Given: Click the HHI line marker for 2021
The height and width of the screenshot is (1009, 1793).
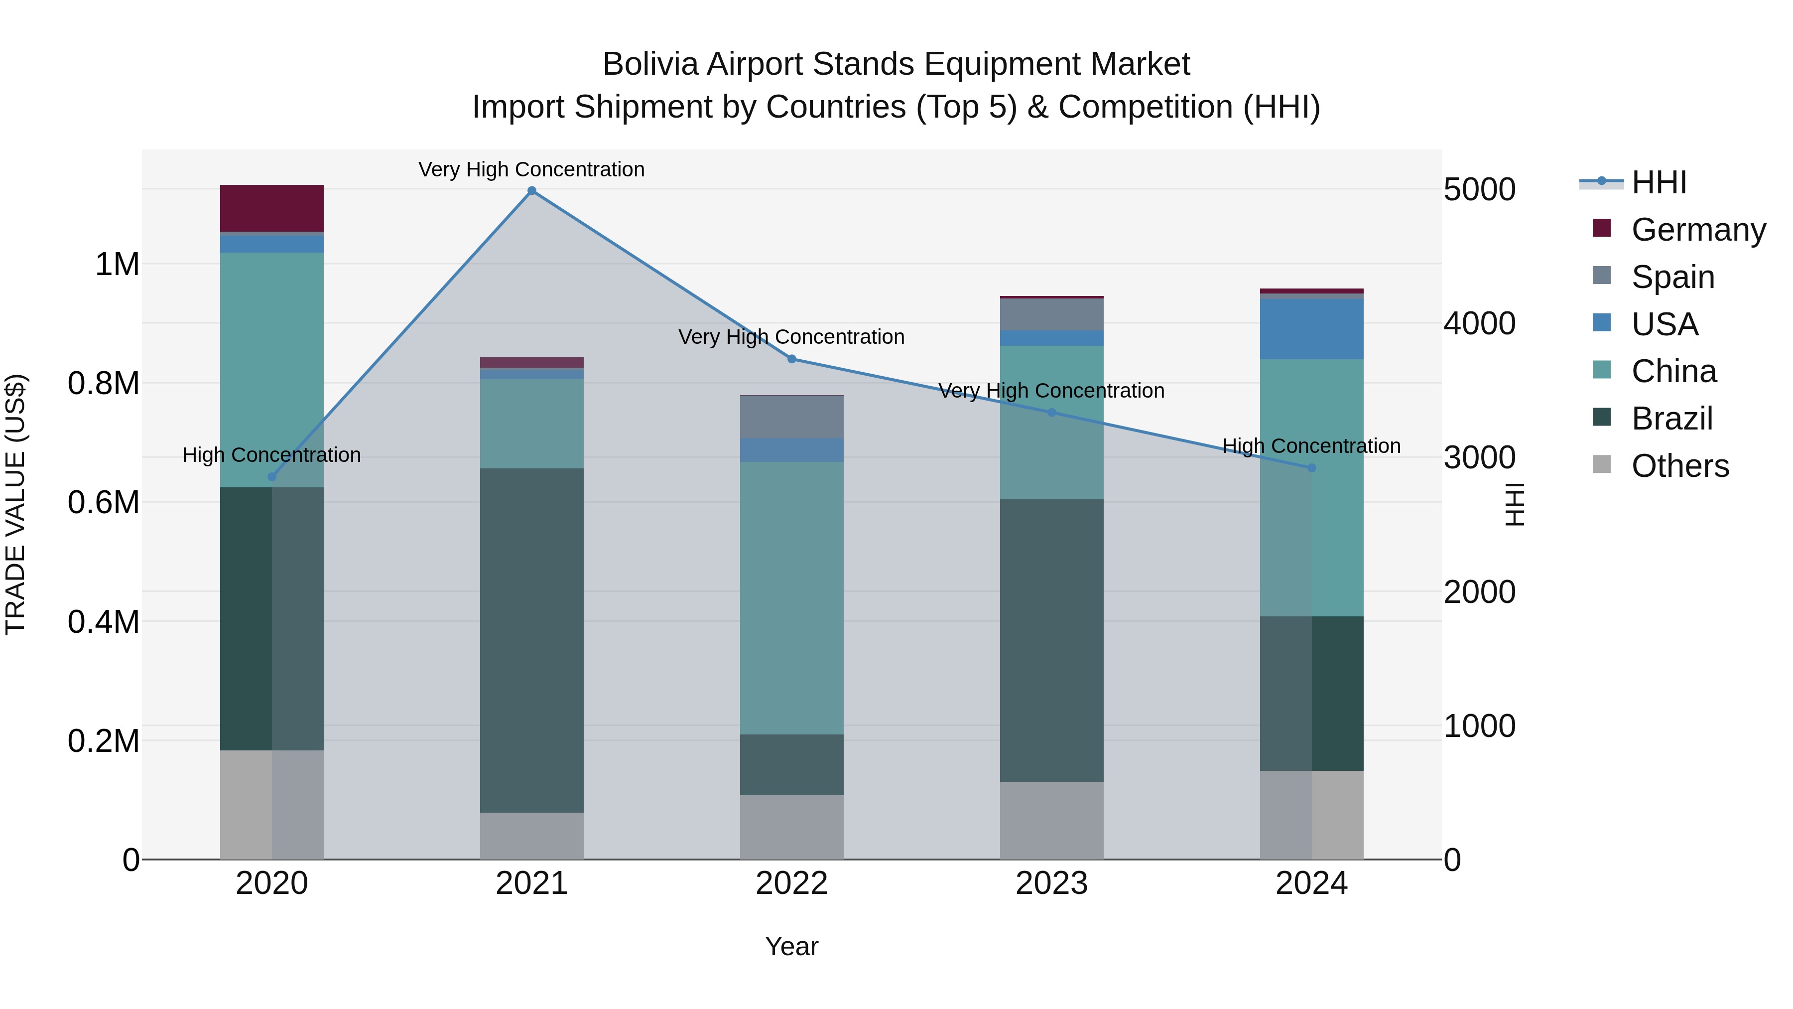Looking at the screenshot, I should (532, 191).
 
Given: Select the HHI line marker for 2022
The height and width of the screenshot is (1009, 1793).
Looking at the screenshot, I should (791, 359).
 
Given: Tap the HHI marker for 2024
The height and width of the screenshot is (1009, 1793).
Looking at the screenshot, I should (1311, 468).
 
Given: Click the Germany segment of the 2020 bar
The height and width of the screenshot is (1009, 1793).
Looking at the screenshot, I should (271, 208).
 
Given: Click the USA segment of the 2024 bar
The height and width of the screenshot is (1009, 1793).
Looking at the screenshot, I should (1311, 329).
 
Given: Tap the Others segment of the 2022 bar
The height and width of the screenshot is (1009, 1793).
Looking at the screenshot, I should (791, 827).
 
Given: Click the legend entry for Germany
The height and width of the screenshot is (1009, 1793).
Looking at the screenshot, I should (1698, 230).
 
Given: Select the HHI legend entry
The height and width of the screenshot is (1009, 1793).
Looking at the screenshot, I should (1658, 182).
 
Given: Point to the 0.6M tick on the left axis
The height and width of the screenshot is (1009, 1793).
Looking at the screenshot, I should (104, 502).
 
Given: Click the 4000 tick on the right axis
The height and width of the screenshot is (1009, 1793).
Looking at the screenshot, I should (1479, 324).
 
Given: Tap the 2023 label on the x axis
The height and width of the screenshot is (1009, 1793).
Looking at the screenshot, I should (1051, 883).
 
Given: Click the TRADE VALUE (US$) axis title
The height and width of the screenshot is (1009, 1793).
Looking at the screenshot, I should (16, 504).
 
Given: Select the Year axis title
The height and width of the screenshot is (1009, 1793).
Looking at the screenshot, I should (791, 946).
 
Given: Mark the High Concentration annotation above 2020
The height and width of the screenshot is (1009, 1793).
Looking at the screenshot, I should (271, 455).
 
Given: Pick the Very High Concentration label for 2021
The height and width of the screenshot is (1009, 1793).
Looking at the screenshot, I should (532, 169).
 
